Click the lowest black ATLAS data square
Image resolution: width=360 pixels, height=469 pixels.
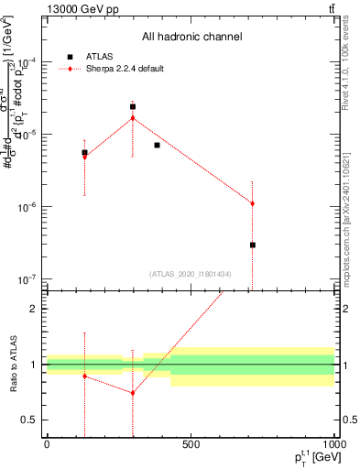(x=252, y=245)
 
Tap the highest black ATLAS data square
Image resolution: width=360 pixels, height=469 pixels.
(x=133, y=106)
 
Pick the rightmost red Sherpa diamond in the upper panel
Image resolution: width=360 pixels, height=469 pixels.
(x=252, y=203)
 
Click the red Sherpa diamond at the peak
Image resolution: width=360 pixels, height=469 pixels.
(x=133, y=117)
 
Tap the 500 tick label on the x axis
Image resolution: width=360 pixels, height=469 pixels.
(x=191, y=446)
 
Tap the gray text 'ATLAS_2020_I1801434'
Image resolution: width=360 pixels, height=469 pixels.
(x=191, y=274)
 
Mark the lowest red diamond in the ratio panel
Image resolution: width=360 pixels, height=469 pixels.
(x=133, y=393)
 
